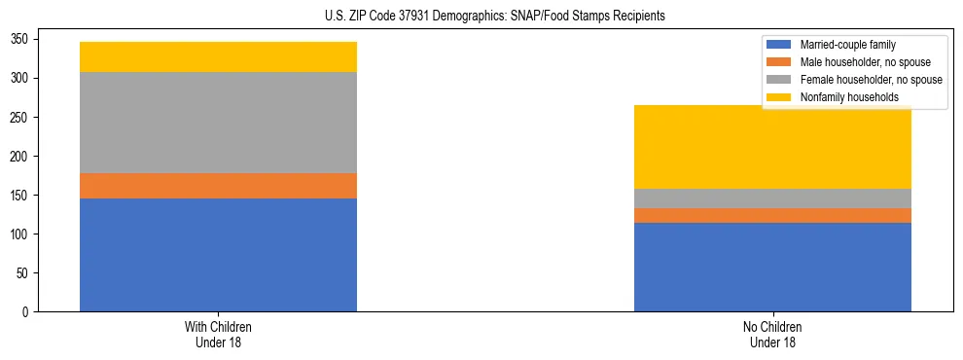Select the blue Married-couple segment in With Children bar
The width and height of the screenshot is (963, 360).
tap(218, 255)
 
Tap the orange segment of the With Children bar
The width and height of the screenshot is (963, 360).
tap(218, 186)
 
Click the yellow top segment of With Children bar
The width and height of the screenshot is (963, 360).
tap(218, 56)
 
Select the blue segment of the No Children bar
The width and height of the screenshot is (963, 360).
tap(772, 267)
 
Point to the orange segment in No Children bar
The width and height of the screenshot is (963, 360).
tap(772, 215)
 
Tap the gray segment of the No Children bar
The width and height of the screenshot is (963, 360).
tap(772, 198)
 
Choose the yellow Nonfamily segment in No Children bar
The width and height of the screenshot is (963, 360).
tap(772, 147)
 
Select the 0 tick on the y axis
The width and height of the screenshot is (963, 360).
tap(27, 311)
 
